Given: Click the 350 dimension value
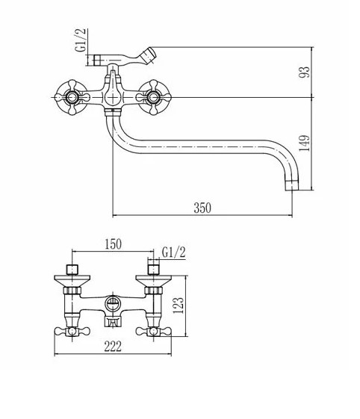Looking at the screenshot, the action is pyautogui.click(x=202, y=208).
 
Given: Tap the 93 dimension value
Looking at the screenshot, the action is pyautogui.click(x=304, y=72).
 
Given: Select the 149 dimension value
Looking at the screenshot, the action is pyautogui.click(x=304, y=143).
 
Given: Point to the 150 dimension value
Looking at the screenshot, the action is pyautogui.click(x=113, y=244).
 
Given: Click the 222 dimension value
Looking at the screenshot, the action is pyautogui.click(x=113, y=347).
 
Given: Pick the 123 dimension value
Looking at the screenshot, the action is pyautogui.click(x=179, y=305).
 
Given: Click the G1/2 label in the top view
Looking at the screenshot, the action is pyautogui.click(x=81, y=40).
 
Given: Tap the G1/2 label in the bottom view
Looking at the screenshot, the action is pyautogui.click(x=174, y=252).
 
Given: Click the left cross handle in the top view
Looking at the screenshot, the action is pyautogui.click(x=72, y=97).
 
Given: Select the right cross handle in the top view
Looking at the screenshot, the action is pyautogui.click(x=153, y=97).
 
